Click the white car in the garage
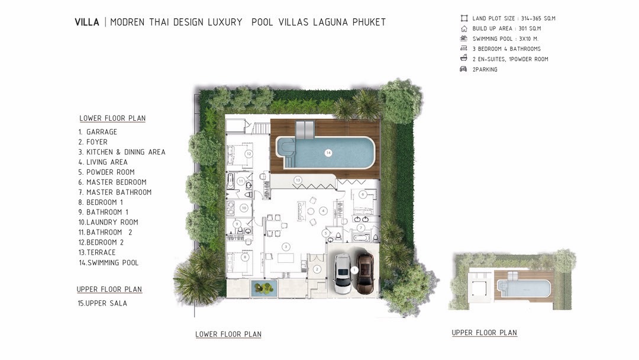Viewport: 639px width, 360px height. pos(343,274)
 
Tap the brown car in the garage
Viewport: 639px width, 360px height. pos(365,274)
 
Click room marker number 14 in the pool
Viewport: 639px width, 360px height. pos(328,153)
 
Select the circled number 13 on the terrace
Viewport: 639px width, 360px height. pos(298,180)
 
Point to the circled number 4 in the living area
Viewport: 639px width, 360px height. pos(323,211)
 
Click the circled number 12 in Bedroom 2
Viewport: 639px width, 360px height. pos(248,154)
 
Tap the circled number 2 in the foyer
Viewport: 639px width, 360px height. pos(317,269)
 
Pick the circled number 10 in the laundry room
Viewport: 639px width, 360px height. pos(244,208)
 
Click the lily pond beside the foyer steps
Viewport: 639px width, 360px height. pos(264,288)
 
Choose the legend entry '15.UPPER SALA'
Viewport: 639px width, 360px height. pos(102,303)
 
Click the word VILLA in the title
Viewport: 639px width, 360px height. pos(87,22)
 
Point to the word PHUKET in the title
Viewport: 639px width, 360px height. pos(369,22)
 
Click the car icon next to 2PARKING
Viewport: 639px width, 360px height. pos(463,69)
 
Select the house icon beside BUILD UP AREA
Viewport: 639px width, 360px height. pos(464,28)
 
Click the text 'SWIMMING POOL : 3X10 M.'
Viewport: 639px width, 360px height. pos(505,38)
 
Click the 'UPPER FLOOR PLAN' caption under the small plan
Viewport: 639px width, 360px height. pos(484,333)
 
